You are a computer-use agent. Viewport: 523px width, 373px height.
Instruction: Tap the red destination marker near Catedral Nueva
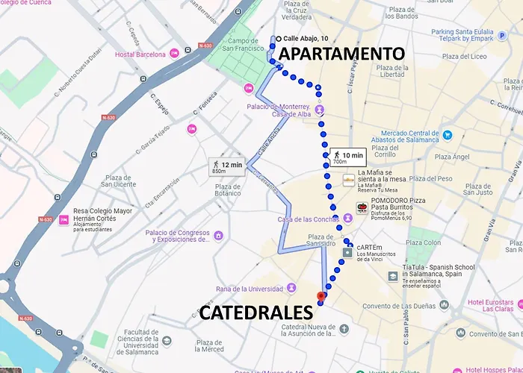click(x=321, y=297)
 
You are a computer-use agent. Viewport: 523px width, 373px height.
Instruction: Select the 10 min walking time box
click(x=347, y=157)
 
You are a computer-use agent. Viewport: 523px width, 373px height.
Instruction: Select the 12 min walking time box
click(x=227, y=166)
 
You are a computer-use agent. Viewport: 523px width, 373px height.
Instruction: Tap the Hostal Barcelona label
click(x=140, y=54)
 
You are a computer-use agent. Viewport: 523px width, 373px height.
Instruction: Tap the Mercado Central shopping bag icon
click(x=447, y=135)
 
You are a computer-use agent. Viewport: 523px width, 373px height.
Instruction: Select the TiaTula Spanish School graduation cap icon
click(x=393, y=275)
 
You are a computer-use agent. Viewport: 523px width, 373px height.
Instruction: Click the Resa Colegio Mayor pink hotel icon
click(x=64, y=220)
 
